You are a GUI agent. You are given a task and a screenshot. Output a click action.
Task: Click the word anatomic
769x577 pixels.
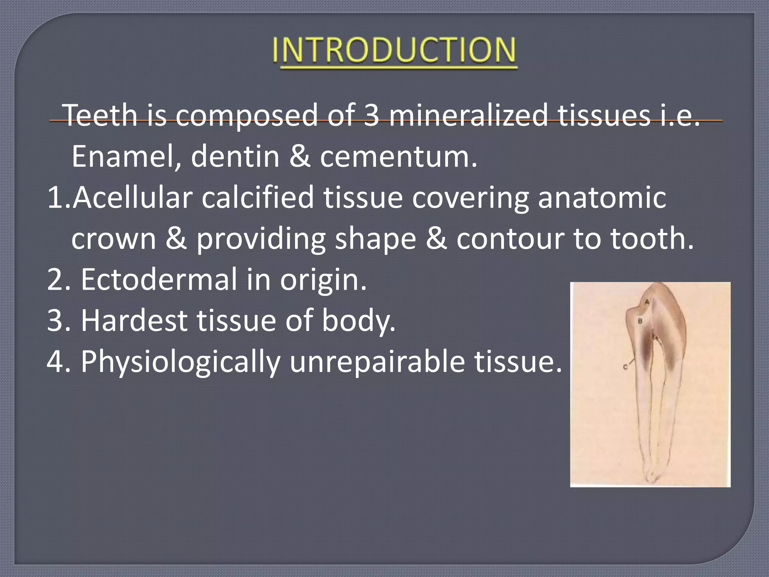[x=602, y=198]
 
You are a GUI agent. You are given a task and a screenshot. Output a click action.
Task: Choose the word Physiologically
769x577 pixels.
[x=181, y=362]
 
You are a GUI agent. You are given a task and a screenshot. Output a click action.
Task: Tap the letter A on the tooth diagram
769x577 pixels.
[x=647, y=302]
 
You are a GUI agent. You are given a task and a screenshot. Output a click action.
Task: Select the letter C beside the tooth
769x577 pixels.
[x=625, y=367]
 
